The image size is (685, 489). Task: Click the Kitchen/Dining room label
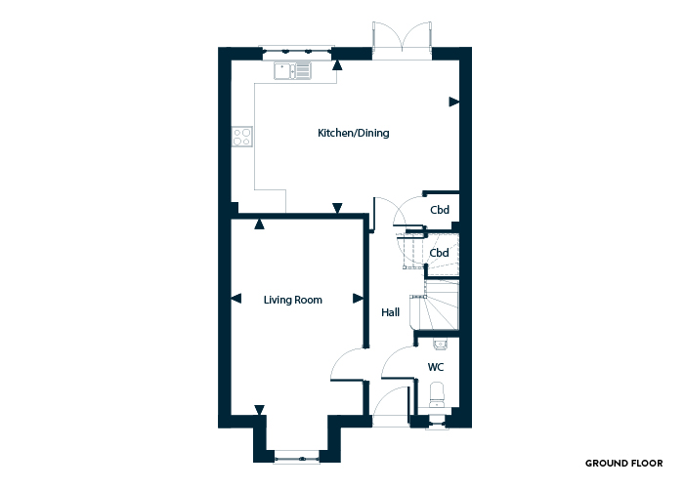pos(353,133)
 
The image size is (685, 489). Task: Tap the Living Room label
pos(293,300)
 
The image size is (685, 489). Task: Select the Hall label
pos(390,312)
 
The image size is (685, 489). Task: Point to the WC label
pos(436,367)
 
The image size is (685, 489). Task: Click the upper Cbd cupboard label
pos(440,210)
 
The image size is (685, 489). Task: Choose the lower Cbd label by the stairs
pos(439,253)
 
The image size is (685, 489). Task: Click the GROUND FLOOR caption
pos(623,464)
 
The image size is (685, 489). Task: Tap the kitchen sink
pos(293,71)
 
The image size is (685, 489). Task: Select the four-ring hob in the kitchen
pos(242,136)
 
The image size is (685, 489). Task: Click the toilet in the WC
pos(437,394)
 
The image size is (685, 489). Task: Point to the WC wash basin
pos(440,345)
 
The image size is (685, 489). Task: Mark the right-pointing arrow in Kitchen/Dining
pos(454,102)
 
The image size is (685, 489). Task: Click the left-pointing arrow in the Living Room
pos(235,299)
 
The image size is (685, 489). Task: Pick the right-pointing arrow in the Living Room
pos(359,299)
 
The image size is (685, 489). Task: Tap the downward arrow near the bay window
pos(260,410)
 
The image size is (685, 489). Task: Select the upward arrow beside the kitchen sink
pos(337,65)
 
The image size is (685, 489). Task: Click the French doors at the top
pos(402,40)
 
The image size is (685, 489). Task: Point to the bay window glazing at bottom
pos(297,458)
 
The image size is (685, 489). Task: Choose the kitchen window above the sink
pos(297,52)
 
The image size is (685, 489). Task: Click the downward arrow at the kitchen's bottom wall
pos(337,208)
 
